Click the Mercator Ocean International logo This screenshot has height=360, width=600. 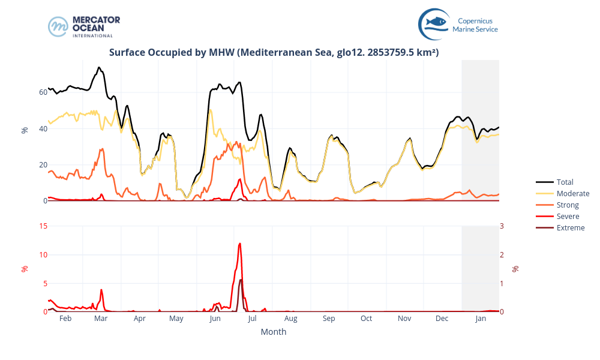click(x=84, y=26)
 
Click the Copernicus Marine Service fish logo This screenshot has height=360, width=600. click(x=434, y=23)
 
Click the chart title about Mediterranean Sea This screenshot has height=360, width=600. click(x=274, y=53)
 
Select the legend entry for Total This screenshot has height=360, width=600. click(x=565, y=182)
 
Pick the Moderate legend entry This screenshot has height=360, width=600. click(x=572, y=193)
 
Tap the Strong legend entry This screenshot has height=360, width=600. click(x=568, y=205)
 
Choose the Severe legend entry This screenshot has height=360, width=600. click(x=568, y=216)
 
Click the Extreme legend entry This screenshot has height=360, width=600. click(x=570, y=227)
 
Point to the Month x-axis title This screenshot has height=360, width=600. click(x=274, y=332)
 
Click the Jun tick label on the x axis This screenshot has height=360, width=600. click(x=215, y=319)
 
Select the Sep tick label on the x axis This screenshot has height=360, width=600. click(x=328, y=319)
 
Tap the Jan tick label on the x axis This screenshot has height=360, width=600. click(x=481, y=319)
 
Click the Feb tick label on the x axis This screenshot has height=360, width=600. click(x=65, y=319)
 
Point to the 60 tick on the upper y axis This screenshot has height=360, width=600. click(x=43, y=92)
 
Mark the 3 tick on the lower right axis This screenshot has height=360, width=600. click(x=502, y=226)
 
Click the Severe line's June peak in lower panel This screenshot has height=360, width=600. click(x=240, y=243)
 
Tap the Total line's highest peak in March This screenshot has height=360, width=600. click(x=99, y=67)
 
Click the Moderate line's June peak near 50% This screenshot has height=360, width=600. click(x=210, y=109)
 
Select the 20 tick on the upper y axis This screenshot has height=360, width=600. click(x=43, y=164)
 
